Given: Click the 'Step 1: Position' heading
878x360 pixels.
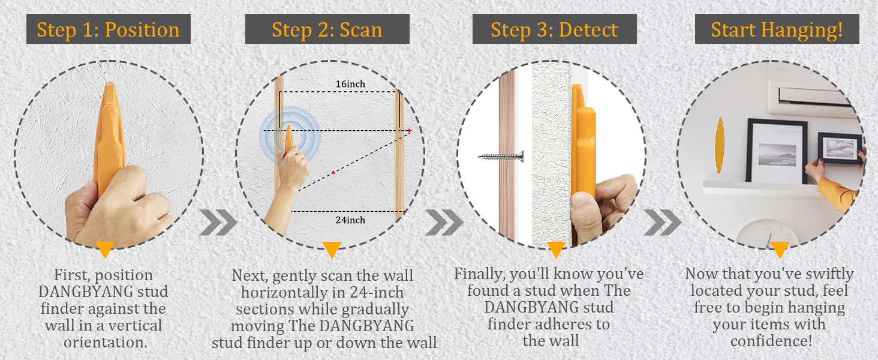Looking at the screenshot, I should (x=109, y=29).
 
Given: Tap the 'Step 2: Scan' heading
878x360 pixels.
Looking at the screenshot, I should (x=327, y=29).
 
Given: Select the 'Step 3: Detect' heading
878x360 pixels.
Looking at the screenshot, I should (x=554, y=29).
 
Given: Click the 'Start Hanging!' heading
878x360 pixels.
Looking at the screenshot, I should (x=777, y=29).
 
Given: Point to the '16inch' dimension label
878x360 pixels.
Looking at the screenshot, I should (x=350, y=84).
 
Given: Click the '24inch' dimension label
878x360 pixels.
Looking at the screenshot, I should (x=350, y=220).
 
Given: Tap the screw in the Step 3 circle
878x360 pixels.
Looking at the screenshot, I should (x=501, y=157).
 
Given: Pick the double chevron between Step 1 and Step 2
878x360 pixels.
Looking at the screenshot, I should (x=218, y=223).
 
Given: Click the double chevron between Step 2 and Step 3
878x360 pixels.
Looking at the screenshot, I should (x=444, y=223).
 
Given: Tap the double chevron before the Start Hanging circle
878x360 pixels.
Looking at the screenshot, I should (x=662, y=223).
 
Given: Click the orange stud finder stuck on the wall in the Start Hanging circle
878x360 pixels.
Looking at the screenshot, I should (x=720, y=145).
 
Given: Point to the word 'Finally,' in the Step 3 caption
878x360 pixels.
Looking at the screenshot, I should (x=480, y=274).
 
